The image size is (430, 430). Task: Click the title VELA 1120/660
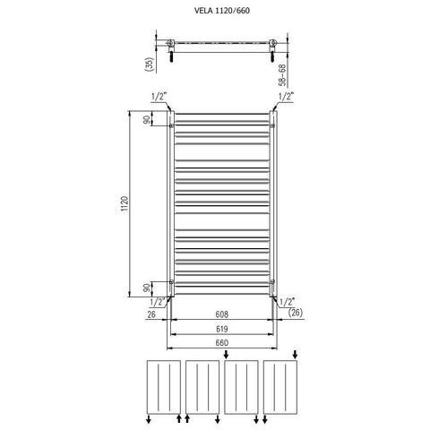tap(222, 11)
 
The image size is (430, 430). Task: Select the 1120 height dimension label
tap(125, 204)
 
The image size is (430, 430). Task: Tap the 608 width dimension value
tap(222, 314)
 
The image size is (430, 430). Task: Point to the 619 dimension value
tap(222, 329)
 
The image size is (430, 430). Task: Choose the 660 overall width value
tap(222, 343)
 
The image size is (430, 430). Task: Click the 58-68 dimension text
tap(282, 75)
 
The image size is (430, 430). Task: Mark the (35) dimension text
tap(150, 64)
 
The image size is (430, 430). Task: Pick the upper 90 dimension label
tap(146, 120)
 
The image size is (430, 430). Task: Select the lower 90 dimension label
tap(146, 288)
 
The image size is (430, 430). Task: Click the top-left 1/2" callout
tap(159, 97)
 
